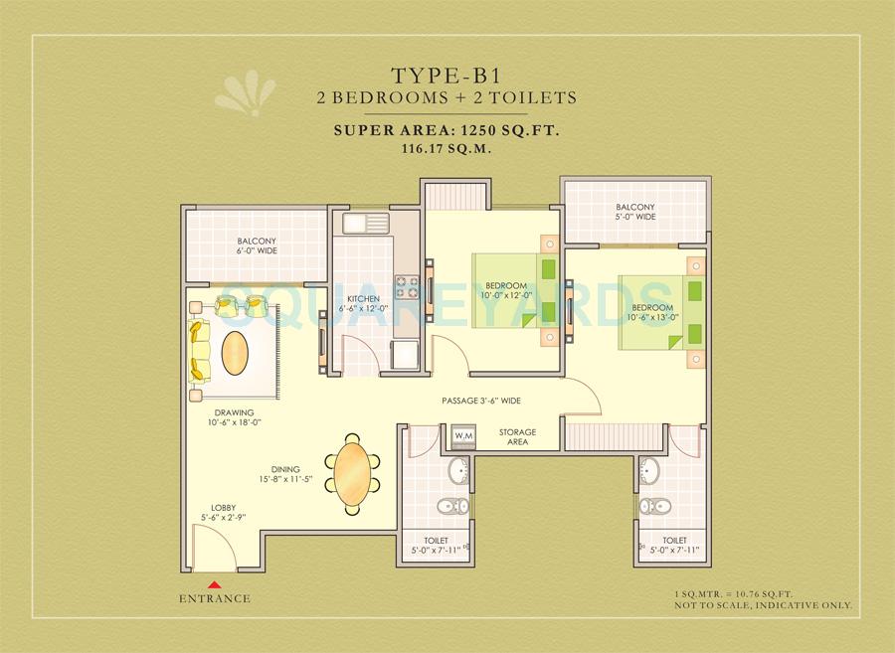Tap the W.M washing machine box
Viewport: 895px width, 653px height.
point(461,435)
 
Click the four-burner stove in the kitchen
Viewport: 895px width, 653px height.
point(405,285)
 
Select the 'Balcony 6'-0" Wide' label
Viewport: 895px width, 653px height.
point(257,245)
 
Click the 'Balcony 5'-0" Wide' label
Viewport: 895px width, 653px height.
point(635,212)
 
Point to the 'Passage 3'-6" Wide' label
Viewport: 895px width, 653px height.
point(482,401)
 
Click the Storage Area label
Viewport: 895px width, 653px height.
point(517,436)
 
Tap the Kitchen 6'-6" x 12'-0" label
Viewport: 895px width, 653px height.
point(362,303)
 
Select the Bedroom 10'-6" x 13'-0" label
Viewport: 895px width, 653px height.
point(652,312)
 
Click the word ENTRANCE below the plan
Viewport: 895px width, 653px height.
point(215,598)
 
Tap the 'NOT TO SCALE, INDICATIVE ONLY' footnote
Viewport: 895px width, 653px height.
point(765,604)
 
